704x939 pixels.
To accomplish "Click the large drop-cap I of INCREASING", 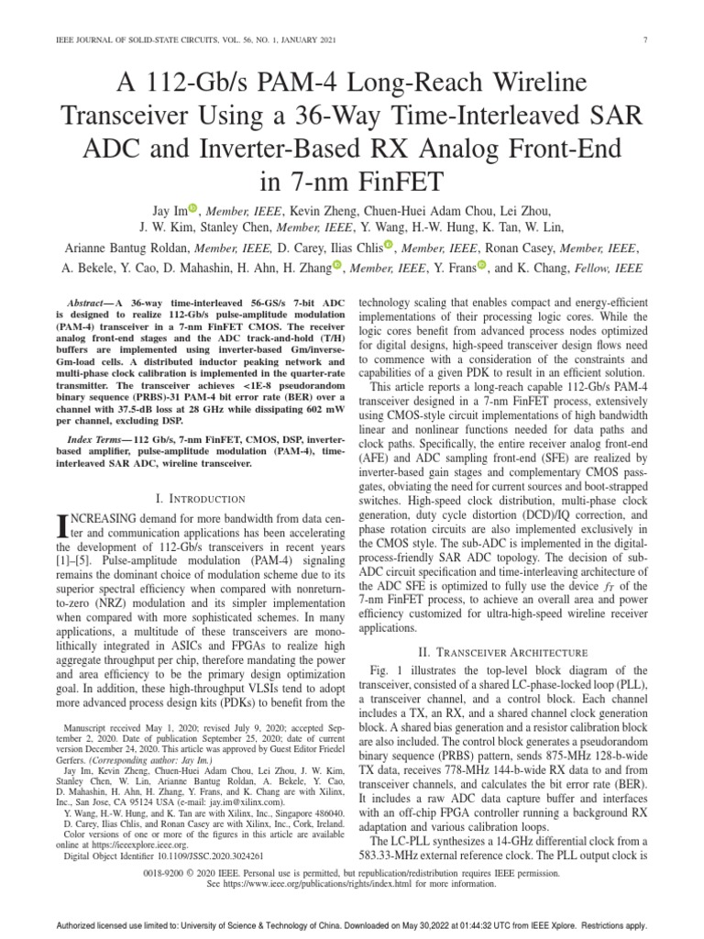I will (62, 525).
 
